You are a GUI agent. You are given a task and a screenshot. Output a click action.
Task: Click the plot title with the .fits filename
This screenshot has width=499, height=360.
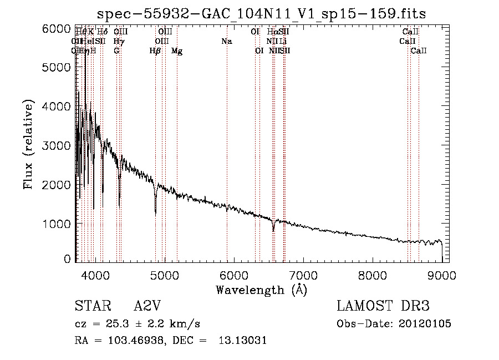coord(262,14)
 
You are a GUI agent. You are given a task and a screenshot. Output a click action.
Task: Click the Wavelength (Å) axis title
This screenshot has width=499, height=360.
coord(261,290)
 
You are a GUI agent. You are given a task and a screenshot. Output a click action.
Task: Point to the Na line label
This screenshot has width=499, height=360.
coord(226,42)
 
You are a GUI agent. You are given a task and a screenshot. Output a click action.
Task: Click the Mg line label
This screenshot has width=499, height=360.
coord(177,51)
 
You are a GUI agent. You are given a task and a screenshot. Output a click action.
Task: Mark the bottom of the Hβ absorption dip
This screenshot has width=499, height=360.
coord(155,214)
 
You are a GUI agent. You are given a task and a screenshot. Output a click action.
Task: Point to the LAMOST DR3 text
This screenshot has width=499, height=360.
coord(383,306)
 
